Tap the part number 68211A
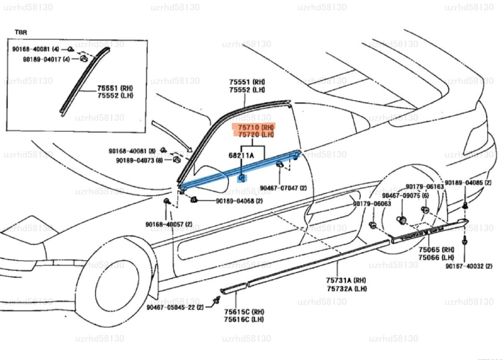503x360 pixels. click(x=241, y=156)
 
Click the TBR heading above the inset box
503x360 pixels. click(x=20, y=32)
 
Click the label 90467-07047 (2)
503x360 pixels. click(x=283, y=188)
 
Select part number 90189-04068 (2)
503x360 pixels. click(x=239, y=201)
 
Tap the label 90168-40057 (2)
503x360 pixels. click(x=169, y=224)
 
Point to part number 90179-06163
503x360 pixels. click(x=424, y=186)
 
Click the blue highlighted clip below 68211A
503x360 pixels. click(x=243, y=179)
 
